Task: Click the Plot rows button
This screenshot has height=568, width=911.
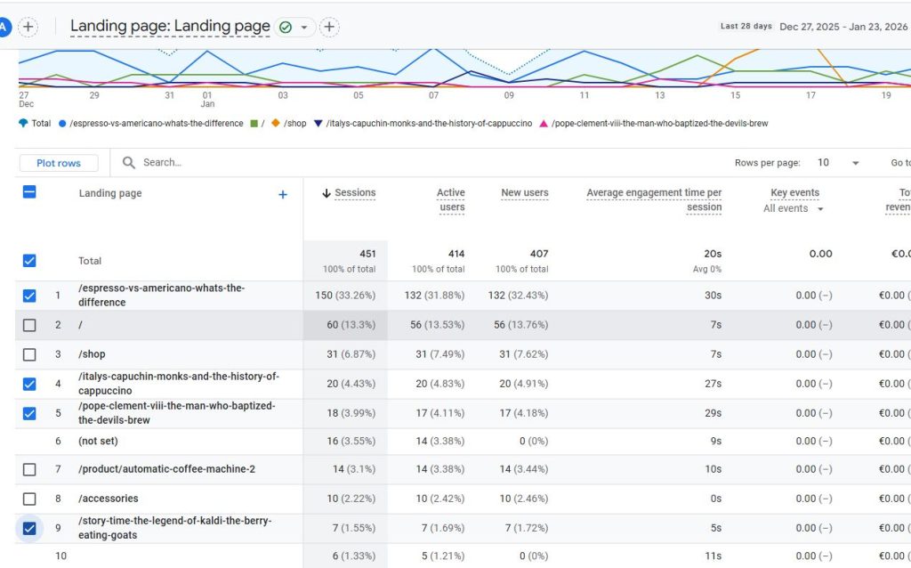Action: pos(59,163)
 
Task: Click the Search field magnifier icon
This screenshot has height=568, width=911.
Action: pos(128,163)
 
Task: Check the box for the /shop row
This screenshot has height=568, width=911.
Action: pos(29,354)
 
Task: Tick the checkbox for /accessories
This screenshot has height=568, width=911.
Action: pos(29,499)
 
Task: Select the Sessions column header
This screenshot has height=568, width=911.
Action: pos(349,193)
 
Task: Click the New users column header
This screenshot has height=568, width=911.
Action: pos(525,193)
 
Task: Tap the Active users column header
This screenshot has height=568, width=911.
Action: pos(451,200)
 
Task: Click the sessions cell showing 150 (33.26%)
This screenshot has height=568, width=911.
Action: pos(345,296)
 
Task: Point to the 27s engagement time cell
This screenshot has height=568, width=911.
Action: pos(713,384)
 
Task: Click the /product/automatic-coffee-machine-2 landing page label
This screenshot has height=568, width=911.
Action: pos(166,469)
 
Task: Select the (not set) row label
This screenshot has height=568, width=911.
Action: pos(98,441)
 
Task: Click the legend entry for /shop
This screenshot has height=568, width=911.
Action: pos(289,123)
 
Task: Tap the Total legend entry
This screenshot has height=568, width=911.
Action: pos(35,123)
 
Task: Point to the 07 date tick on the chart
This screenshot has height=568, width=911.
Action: pos(433,95)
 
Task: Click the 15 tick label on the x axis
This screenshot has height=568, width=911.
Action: pos(735,95)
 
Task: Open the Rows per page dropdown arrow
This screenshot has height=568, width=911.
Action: pos(855,163)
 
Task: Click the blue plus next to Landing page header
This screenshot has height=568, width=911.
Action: pos(283,195)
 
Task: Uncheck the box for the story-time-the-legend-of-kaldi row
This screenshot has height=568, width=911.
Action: pos(29,529)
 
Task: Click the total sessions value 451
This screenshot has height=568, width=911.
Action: pos(367,254)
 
